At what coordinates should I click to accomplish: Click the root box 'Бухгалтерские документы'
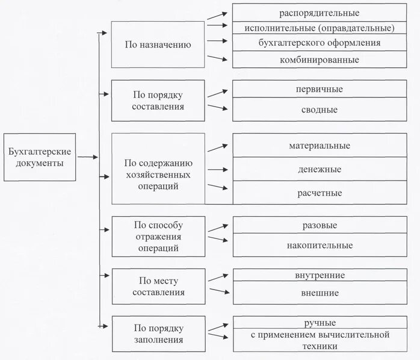[40, 157]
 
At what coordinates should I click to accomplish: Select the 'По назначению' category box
[158, 45]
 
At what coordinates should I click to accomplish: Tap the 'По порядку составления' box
[158, 101]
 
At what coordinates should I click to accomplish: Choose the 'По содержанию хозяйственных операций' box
[158, 175]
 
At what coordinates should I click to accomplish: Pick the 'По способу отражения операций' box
[158, 237]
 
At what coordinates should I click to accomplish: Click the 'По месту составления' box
[158, 286]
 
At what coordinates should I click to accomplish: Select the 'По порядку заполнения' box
[158, 334]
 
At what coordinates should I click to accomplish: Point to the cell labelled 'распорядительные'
[320, 12]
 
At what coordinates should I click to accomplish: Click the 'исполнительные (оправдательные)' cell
[320, 28]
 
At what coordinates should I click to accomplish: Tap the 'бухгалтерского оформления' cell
[320, 43]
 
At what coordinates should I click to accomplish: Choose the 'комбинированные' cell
[320, 60]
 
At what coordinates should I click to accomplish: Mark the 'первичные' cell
[320, 89]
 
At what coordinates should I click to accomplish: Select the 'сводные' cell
[320, 110]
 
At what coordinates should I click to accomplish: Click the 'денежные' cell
[320, 169]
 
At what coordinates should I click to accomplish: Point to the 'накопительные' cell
[320, 245]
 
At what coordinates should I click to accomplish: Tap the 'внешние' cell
[320, 293]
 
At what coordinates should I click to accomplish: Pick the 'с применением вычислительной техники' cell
[320, 341]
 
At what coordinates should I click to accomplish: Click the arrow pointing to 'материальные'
[217, 147]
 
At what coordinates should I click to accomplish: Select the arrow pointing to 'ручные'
[217, 327]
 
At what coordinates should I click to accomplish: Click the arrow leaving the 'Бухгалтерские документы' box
[87, 157]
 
